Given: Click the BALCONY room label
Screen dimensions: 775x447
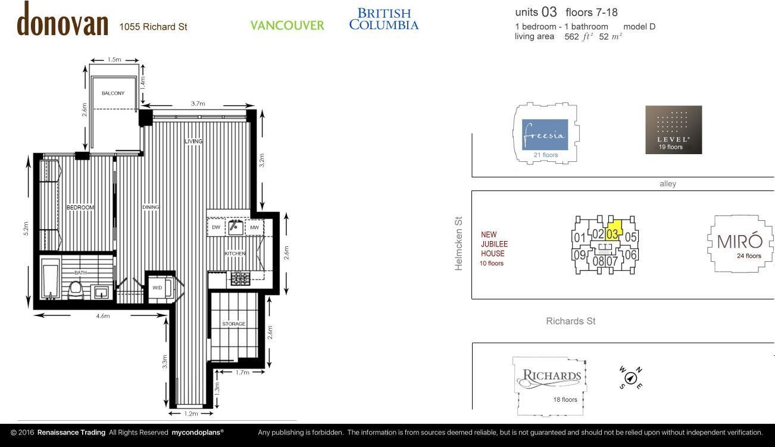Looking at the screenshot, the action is coord(113,93).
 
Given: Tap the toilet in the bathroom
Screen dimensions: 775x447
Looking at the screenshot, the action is coord(76,290).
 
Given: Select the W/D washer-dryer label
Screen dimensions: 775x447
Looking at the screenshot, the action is coord(157,287).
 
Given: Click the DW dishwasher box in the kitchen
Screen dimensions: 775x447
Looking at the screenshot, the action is coord(216,227).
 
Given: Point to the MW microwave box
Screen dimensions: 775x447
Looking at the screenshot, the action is coord(255,227).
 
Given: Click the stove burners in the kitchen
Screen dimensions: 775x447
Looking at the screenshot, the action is coord(240,279).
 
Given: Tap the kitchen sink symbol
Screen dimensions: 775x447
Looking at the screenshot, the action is coord(235,227).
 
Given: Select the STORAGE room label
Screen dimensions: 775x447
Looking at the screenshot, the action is coord(234,324).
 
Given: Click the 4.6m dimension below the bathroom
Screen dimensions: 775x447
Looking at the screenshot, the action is coord(103,316).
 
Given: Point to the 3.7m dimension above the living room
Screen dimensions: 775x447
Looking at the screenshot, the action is coord(198,104).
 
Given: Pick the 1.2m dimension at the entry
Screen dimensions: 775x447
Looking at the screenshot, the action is coord(191,414).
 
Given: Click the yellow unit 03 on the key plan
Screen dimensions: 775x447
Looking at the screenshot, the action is coord(614,231).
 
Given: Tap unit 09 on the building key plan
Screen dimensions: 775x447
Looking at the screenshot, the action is coord(580,255).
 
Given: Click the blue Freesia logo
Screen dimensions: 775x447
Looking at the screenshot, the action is coord(545,135).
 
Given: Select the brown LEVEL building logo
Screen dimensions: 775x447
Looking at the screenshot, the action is coord(674,130).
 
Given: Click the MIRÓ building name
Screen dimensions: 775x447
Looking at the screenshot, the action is coord(740,241).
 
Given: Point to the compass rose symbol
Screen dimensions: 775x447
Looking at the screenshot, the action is coord(631,378).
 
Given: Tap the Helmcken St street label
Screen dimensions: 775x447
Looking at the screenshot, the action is coord(458,243).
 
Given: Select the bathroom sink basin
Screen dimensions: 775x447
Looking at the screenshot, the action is coord(101,292).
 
